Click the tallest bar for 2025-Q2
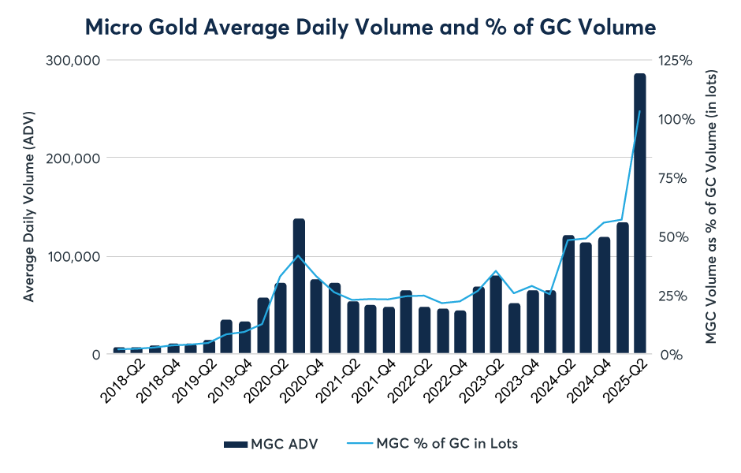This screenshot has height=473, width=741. [639, 213]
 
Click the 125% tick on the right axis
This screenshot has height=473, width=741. [676, 60]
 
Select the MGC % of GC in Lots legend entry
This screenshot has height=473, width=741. [432, 444]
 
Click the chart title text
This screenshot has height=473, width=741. [370, 28]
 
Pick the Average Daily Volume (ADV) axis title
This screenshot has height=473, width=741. [29, 207]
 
